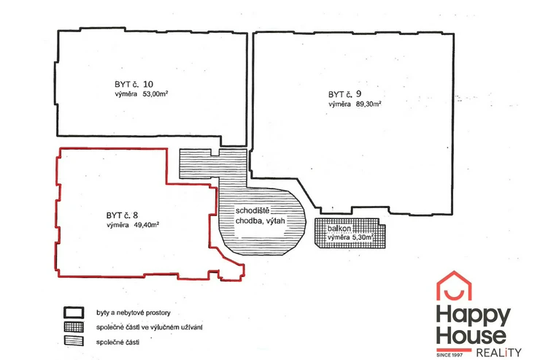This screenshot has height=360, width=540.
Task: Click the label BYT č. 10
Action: click(134, 84)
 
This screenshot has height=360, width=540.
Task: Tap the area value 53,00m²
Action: click(155, 93)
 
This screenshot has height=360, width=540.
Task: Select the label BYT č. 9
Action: click(344, 94)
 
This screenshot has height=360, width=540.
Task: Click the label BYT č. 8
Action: click(123, 215)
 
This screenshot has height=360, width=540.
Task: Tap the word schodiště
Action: click(252, 210)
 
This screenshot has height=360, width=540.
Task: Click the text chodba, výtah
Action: click(261, 221)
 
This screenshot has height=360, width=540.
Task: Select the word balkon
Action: click(339, 229)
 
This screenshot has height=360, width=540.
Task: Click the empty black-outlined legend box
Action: click(74, 313)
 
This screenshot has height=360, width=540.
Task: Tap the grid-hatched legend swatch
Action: click(74, 327)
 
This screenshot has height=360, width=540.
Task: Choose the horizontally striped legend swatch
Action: click(74, 341)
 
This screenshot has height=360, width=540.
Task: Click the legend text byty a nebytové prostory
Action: click(134, 313)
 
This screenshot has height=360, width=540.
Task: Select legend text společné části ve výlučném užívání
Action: click(149, 327)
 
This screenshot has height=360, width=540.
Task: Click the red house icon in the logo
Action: click(454, 286)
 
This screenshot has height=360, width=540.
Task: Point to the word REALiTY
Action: click(498, 353)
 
